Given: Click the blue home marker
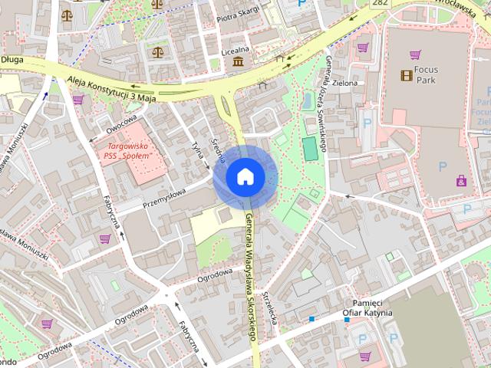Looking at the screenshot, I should point(245,177).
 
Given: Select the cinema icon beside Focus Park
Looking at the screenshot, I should point(406,74).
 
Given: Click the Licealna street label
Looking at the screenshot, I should point(236,49).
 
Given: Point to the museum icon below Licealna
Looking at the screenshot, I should point(238,61).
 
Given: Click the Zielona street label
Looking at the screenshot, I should point(344,82).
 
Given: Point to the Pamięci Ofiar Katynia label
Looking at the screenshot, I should point(367,307).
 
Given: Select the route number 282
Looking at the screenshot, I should point(378,4).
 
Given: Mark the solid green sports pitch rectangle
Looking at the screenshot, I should point(309,149).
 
